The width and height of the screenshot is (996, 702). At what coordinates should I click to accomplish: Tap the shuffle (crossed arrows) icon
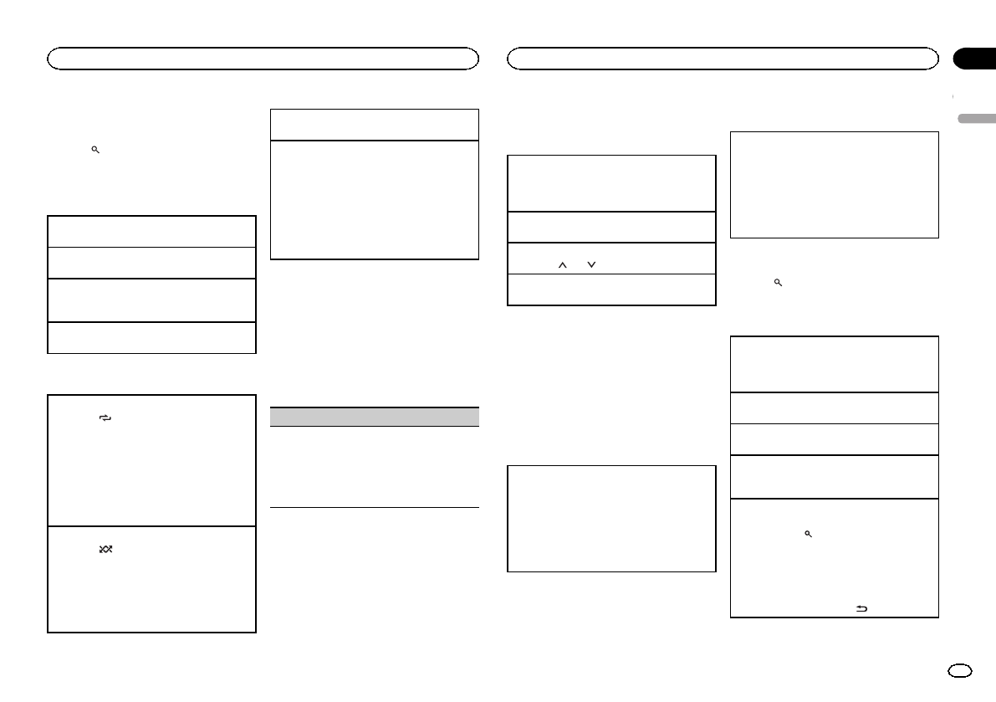coord(106,549)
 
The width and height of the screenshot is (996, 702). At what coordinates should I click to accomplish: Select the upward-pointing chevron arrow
coord(563,264)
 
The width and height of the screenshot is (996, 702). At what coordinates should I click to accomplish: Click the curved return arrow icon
coord(861,610)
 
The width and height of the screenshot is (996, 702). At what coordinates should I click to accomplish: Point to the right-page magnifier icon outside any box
coord(778,284)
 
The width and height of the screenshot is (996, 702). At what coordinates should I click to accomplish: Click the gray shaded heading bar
coord(375,417)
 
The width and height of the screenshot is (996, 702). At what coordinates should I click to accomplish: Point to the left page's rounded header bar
coord(263,59)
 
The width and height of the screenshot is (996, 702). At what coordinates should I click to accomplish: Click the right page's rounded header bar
coord(723,59)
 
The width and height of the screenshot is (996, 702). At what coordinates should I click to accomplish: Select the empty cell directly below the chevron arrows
coord(612,290)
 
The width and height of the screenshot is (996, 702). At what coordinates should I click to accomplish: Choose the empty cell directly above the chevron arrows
coord(612,227)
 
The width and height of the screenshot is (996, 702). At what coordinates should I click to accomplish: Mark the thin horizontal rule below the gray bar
coord(375,507)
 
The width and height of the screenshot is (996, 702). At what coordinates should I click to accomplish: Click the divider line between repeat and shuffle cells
coord(151,525)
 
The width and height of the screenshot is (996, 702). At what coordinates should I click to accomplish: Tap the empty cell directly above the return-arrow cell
coord(834,477)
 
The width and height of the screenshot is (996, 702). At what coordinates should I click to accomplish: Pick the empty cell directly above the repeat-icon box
coord(151,337)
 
